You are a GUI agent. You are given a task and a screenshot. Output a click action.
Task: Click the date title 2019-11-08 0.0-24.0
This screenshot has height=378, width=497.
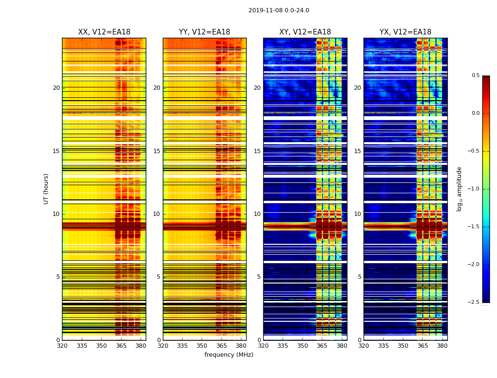coord(279,10)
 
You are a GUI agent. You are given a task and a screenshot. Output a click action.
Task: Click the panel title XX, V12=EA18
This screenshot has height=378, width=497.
coord(104,32)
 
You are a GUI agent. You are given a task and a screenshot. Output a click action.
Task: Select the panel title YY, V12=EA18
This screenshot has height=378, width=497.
coord(204,32)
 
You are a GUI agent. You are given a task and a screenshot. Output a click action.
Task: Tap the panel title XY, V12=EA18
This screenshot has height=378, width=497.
coord(305,32)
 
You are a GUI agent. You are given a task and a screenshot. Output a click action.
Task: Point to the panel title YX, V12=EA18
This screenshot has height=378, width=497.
coord(405,32)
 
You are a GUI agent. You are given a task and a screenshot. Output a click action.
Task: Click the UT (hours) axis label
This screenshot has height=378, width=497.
coord(46,189)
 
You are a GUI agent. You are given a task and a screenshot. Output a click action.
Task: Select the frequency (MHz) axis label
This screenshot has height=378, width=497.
coord(229,355)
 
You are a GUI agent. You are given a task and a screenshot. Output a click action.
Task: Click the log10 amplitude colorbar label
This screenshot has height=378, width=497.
coord(459,189)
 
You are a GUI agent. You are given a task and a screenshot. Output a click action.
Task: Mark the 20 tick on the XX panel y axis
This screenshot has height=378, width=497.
coord(56,88)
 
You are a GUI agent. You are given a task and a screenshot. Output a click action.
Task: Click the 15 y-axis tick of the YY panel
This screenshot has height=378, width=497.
coord(157,151)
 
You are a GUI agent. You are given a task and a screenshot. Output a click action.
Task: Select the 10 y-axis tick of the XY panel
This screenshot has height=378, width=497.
coord(257,214)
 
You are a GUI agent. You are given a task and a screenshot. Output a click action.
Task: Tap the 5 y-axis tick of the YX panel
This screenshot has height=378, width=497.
coord(359,277)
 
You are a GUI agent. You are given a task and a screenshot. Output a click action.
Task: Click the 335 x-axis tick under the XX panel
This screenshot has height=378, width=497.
coord(82,345)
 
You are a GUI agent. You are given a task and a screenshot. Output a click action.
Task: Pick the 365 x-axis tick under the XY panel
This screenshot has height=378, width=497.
coord(322,345)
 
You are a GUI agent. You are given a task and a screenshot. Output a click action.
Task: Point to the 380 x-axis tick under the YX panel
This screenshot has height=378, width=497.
coord(442,345)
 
